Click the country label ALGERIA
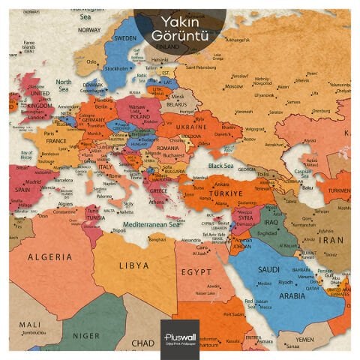(50, 256)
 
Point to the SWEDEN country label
(124, 37)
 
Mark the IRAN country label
(332, 241)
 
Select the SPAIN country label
(23, 189)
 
